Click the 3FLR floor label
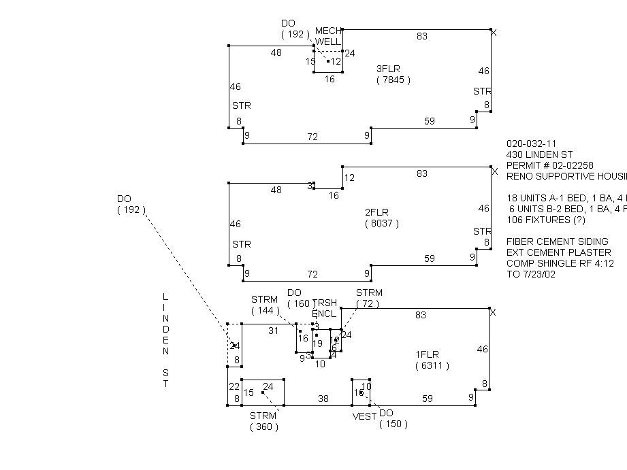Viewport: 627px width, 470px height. (389, 69)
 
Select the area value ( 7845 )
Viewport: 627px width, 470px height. (393, 80)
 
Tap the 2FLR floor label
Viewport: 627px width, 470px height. (378, 212)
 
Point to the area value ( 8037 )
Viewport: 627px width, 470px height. (382, 223)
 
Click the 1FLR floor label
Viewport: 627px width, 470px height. (428, 354)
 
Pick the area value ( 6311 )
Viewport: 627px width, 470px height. (432, 366)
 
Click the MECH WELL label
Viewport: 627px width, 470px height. (327, 36)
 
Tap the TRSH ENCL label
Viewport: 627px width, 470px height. (324, 308)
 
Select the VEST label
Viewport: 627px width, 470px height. (364, 416)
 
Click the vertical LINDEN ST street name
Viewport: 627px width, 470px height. (165, 340)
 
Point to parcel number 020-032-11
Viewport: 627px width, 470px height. (531, 144)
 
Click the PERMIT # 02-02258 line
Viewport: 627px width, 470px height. (549, 165)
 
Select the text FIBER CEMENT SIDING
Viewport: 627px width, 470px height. (557, 241)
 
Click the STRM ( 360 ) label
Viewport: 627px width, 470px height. (263, 421)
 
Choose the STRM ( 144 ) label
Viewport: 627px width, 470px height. (265, 305)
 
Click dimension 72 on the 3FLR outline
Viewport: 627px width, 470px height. (312, 137)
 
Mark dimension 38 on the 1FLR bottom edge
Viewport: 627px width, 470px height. (323, 399)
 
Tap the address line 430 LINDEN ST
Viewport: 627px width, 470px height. (535, 154)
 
